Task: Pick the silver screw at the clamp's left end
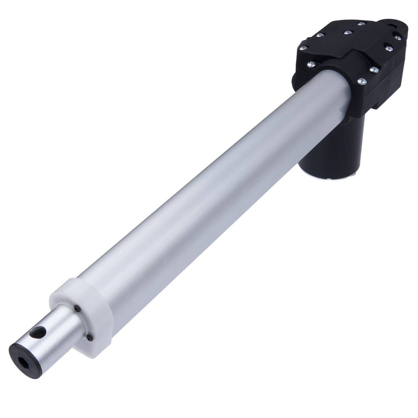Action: [x=311, y=64]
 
